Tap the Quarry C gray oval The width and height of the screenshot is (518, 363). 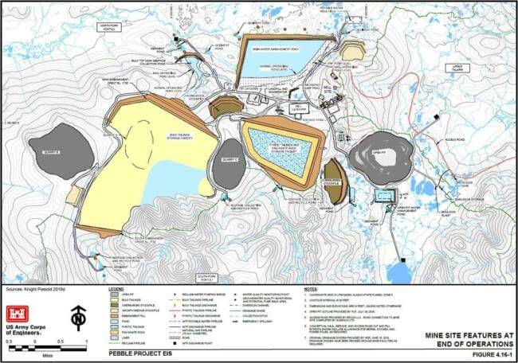(x=230, y=163)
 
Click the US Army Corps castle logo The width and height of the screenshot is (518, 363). (x=21, y=313)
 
